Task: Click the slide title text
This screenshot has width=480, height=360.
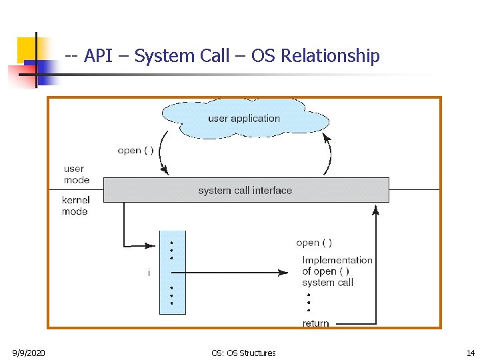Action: pyautogui.click(x=223, y=56)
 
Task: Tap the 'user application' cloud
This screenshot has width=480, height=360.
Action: pyautogui.click(x=243, y=119)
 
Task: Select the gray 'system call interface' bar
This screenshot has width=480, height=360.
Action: pyautogui.click(x=245, y=190)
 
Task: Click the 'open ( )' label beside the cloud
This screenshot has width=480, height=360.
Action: pyautogui.click(x=135, y=150)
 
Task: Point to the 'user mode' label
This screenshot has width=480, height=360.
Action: pyautogui.click(x=76, y=175)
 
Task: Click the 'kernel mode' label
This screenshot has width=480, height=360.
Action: pyautogui.click(x=75, y=205)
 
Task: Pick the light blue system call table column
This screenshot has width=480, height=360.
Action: pyautogui.click(x=172, y=272)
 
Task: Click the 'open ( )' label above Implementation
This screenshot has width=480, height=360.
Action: pyautogui.click(x=314, y=243)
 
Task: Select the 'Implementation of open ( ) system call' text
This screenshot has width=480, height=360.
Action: pyautogui.click(x=337, y=271)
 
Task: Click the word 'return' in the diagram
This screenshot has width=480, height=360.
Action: pyautogui.click(x=315, y=323)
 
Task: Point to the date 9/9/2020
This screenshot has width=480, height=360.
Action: pyautogui.click(x=29, y=353)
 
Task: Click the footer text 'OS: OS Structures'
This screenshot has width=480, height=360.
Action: pyautogui.click(x=243, y=353)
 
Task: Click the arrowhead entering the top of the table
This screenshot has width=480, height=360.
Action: pyautogui.click(x=154, y=244)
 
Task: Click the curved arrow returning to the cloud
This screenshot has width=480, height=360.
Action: pyautogui.click(x=329, y=153)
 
